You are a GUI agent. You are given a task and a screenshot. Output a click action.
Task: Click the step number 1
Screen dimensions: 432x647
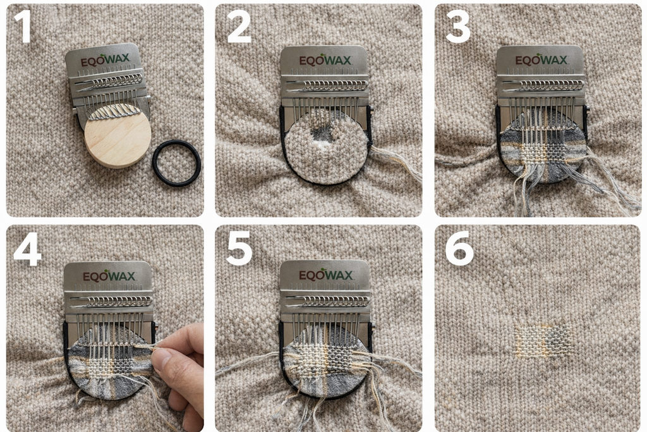[x=23, y=28]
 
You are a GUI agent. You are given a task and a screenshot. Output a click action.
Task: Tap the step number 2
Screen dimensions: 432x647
[x=239, y=28]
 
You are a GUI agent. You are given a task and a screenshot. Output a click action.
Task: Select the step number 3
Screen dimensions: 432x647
[x=457, y=28]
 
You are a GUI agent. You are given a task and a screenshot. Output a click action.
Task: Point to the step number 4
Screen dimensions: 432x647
[x=27, y=251]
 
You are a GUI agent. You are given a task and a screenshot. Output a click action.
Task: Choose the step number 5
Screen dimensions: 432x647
[x=239, y=251]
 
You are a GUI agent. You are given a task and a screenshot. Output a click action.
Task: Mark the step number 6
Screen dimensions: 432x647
[x=459, y=251]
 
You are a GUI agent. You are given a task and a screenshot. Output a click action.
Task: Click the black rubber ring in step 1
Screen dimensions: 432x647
[x=176, y=163]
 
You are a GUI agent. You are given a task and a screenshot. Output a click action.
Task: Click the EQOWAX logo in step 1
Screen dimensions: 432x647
[x=105, y=60]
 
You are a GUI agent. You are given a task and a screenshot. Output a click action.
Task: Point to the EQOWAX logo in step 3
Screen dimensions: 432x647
[x=541, y=60]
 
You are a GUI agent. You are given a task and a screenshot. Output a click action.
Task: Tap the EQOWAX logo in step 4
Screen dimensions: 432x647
[x=107, y=276]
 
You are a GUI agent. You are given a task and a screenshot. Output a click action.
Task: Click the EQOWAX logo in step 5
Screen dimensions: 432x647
[x=325, y=275]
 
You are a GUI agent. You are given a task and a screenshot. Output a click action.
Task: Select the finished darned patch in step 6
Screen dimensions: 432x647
[x=541, y=340]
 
